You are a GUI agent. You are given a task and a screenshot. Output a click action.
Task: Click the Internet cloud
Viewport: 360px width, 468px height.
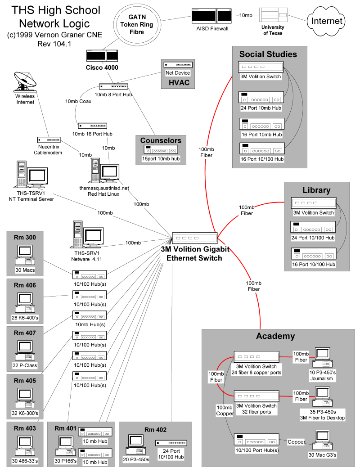[x=327, y=21]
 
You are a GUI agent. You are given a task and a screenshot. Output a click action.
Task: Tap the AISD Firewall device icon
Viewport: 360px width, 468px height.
[x=211, y=16]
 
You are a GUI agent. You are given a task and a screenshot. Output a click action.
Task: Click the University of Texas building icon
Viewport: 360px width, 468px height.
[x=273, y=17]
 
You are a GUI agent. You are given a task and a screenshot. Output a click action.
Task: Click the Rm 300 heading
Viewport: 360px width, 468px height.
[x=25, y=238]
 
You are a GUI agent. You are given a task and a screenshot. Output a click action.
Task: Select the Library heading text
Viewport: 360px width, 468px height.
[x=316, y=190]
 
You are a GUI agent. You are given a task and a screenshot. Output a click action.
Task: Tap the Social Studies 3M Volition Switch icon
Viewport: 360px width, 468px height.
[x=261, y=67]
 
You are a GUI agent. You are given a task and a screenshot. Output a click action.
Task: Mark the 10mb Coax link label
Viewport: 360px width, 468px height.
[x=78, y=102]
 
